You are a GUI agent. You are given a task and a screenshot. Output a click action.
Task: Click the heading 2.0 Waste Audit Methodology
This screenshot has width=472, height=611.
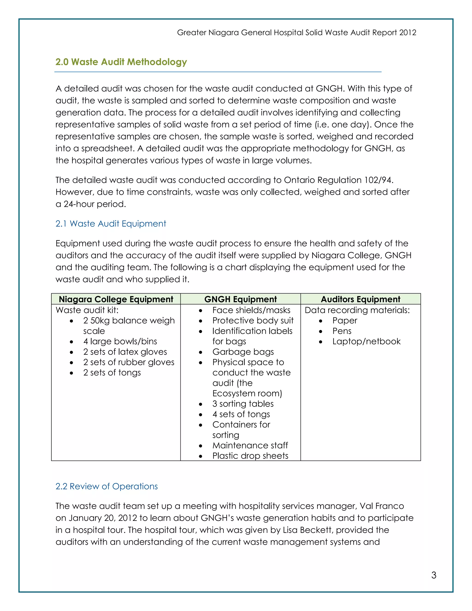121,62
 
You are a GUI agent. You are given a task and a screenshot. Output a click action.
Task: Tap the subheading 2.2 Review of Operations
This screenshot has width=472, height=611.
106,486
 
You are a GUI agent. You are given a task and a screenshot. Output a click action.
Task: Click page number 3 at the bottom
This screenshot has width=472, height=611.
434,575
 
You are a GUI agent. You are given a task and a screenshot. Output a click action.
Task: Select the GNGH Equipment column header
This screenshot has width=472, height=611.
240,299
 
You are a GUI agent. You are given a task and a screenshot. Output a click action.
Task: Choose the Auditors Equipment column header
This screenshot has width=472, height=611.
360,299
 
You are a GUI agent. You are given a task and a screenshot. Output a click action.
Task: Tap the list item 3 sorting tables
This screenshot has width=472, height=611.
243,404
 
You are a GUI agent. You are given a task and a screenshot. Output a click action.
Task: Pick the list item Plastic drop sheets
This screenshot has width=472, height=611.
250,456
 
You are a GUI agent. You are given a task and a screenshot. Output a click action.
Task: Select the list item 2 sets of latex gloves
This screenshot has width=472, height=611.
125,352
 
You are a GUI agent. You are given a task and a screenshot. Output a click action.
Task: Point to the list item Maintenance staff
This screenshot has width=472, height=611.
250,445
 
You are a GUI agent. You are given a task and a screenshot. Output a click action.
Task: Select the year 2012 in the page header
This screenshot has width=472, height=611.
408,33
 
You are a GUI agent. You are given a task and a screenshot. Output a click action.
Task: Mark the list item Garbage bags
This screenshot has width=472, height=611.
243,352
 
